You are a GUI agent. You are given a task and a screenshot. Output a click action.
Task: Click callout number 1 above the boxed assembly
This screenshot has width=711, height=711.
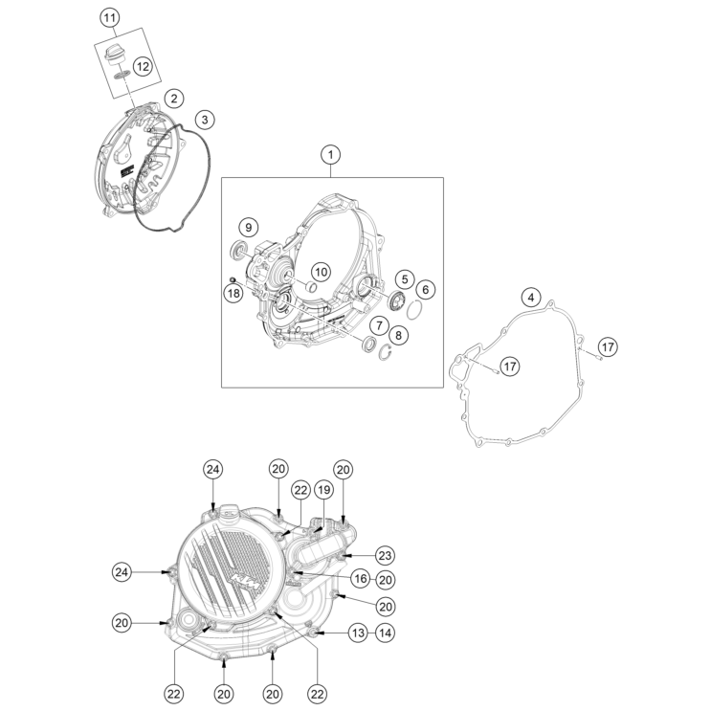pyautogui.click(x=330, y=155)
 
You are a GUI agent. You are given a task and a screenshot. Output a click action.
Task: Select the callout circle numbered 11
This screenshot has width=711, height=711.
pyautogui.click(x=109, y=18)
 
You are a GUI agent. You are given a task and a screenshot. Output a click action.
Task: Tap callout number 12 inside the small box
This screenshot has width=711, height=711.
pyautogui.click(x=143, y=67)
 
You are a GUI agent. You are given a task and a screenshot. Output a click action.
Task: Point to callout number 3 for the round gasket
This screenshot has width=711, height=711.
pyautogui.click(x=205, y=120)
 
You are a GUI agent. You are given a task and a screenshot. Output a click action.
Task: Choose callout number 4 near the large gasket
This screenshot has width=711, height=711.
pyautogui.click(x=531, y=298)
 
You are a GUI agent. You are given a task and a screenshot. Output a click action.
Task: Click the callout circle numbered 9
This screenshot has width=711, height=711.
pyautogui.click(x=248, y=227)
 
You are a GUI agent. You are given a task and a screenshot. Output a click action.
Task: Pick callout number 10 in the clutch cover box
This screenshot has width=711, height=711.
pyautogui.click(x=321, y=272)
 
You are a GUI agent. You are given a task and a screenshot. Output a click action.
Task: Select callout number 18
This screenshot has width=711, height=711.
pyautogui.click(x=233, y=294)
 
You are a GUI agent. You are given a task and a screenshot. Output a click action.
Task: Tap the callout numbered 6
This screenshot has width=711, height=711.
pyautogui.click(x=425, y=290)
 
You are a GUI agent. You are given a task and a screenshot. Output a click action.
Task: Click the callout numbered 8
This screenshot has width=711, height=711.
pyautogui.click(x=399, y=336)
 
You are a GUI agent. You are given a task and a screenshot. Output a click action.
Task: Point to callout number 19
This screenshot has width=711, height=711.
pyautogui.click(x=323, y=490)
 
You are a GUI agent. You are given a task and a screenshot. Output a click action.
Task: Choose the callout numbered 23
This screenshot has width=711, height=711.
pyautogui.click(x=385, y=555)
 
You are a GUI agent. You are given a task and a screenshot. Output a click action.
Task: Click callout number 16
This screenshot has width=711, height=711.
pyautogui.click(x=361, y=579)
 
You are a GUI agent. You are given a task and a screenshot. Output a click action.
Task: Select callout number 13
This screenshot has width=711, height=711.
pyautogui.click(x=358, y=633)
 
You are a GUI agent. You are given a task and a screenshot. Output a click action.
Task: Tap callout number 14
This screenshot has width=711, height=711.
pyautogui.click(x=385, y=633)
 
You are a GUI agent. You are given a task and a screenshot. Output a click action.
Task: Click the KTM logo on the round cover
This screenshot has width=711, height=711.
pyautogui.click(x=246, y=581)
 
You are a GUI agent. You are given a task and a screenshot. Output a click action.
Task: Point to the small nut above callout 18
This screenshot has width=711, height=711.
pyautogui.click(x=233, y=278)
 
